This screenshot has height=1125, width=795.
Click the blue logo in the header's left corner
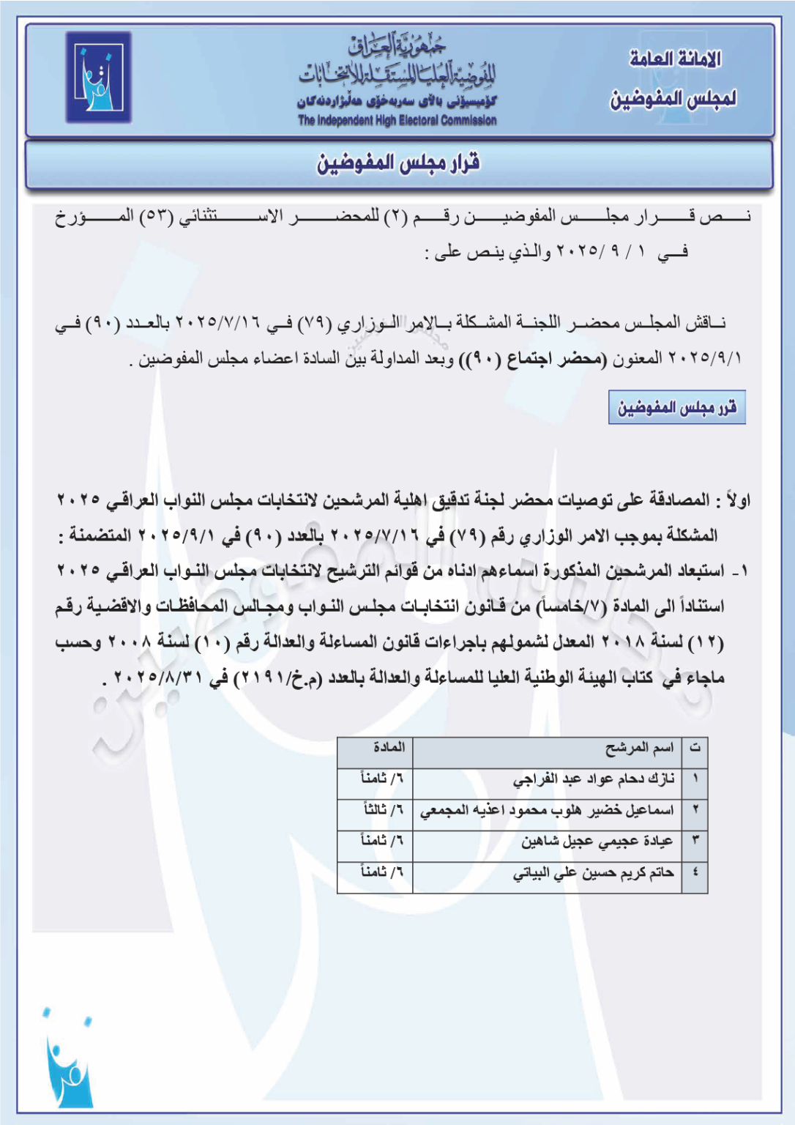(x=98, y=78)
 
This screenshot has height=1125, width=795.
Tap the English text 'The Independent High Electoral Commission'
(x=397, y=121)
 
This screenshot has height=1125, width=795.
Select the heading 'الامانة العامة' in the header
(x=675, y=59)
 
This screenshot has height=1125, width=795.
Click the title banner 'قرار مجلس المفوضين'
(x=398, y=163)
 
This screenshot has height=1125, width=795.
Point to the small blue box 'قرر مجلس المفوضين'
(x=676, y=407)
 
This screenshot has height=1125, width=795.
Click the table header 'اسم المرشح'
(x=639, y=748)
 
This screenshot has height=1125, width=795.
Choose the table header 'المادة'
(x=389, y=748)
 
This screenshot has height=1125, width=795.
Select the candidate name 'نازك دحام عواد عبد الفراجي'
(x=594, y=779)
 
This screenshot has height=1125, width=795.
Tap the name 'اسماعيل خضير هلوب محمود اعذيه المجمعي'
(x=547, y=811)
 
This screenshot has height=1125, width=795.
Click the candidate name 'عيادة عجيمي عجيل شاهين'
(x=597, y=842)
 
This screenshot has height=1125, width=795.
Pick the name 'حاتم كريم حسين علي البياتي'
(x=593, y=873)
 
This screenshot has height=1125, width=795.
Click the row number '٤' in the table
(x=695, y=873)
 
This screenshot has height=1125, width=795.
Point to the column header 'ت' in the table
(x=695, y=748)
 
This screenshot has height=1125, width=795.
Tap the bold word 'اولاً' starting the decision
(x=736, y=501)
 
